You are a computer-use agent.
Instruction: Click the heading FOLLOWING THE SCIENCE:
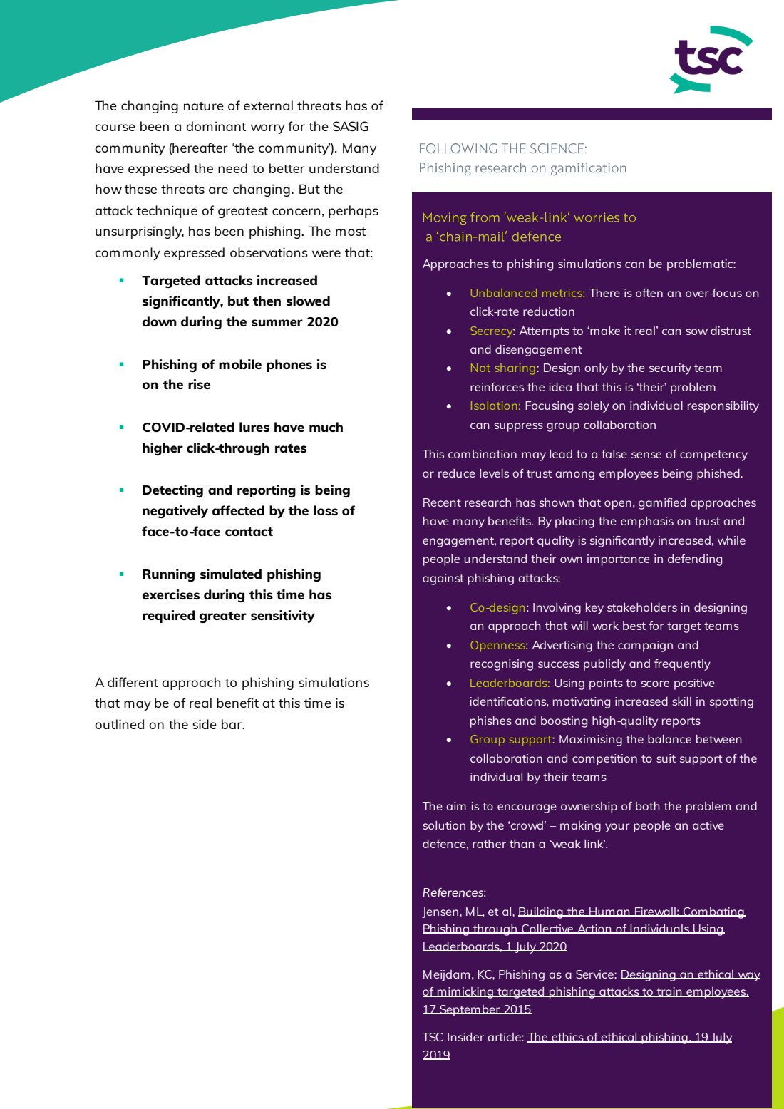click(x=502, y=149)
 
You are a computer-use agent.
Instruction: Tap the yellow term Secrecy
click(x=491, y=331)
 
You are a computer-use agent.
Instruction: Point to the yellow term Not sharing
click(x=502, y=368)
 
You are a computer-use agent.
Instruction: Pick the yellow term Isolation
click(x=495, y=406)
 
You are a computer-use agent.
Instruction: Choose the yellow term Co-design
click(x=497, y=607)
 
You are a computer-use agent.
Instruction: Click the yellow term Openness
click(x=497, y=645)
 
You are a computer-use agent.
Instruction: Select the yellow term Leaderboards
click(x=509, y=683)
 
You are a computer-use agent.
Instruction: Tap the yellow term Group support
click(x=511, y=739)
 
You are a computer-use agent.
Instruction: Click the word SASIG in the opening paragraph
click(x=350, y=127)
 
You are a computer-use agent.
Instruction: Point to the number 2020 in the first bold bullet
click(x=322, y=322)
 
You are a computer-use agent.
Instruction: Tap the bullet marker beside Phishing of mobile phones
click(x=122, y=364)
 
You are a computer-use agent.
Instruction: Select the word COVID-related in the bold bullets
click(x=181, y=428)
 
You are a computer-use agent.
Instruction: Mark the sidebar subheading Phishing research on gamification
click(x=522, y=168)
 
